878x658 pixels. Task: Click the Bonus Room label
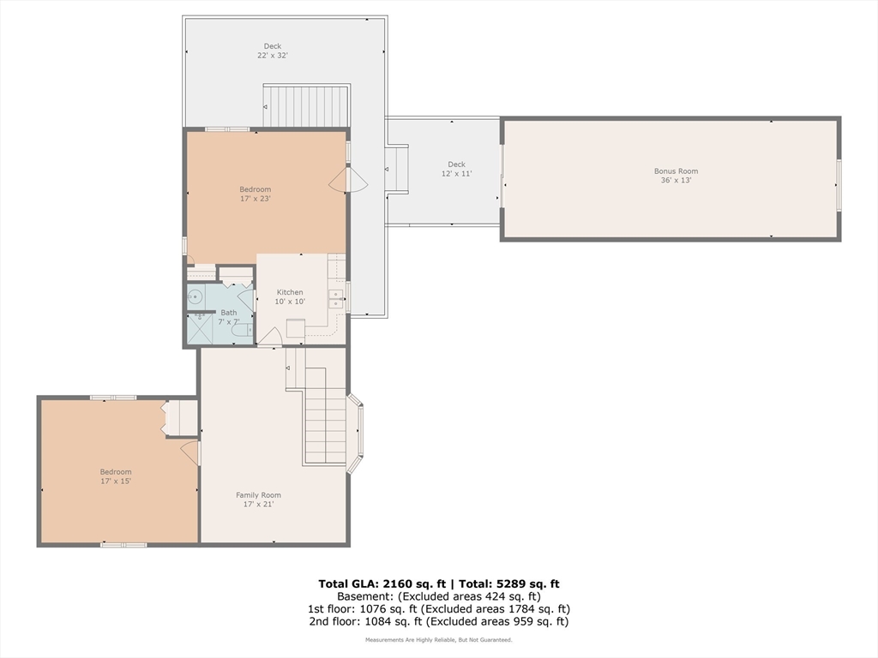click(x=676, y=171)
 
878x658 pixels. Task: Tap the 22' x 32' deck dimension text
click(x=273, y=56)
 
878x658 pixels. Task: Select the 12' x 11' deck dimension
click(x=456, y=173)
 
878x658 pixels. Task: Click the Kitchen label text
click(x=290, y=292)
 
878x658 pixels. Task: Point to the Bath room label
click(x=228, y=313)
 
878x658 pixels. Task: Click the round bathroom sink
click(x=194, y=296)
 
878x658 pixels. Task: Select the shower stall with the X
click(x=199, y=328)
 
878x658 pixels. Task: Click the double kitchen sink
click(x=336, y=299)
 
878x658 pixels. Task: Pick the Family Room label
click(x=258, y=495)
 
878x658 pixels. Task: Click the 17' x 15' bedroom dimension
click(x=116, y=482)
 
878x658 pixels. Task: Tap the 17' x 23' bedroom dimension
click(x=256, y=199)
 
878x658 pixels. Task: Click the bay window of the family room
click(x=356, y=434)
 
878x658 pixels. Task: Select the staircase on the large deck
click(x=307, y=105)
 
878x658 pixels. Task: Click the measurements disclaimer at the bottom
click(x=438, y=639)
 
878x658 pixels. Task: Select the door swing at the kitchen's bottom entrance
click(x=269, y=337)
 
